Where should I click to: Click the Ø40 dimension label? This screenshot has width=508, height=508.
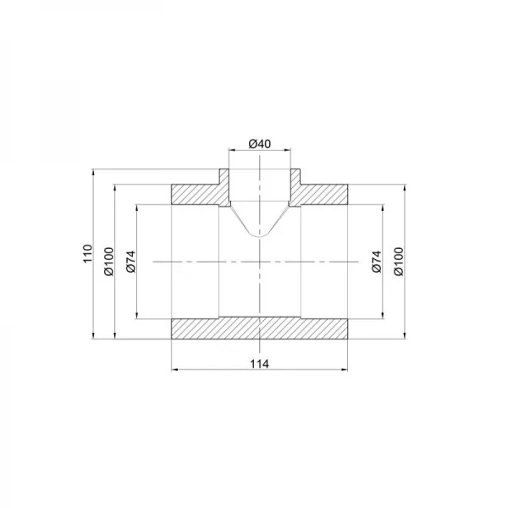click(x=259, y=144)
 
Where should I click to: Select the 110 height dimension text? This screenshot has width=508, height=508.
click(x=86, y=255)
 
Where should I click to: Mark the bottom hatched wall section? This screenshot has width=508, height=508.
click(x=259, y=329)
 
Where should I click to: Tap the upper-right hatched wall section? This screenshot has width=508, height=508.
click(x=322, y=194)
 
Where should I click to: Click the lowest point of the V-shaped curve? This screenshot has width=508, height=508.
click(x=260, y=236)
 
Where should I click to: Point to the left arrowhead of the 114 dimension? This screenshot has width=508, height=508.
click(x=174, y=370)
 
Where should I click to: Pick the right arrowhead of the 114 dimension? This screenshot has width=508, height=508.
click(x=345, y=370)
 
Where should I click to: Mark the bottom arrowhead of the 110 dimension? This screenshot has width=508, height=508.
click(x=92, y=339)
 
